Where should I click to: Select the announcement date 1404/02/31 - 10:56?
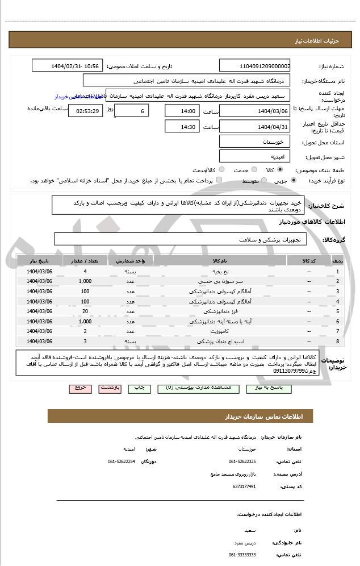pos(68,66)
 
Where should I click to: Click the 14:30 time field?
pos(182,127)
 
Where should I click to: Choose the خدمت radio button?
pos(254,169)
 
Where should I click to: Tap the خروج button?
pos(80,388)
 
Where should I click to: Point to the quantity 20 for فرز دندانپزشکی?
pos(85,311)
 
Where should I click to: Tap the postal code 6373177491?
pos(244,486)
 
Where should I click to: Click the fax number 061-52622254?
pos(122,461)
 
